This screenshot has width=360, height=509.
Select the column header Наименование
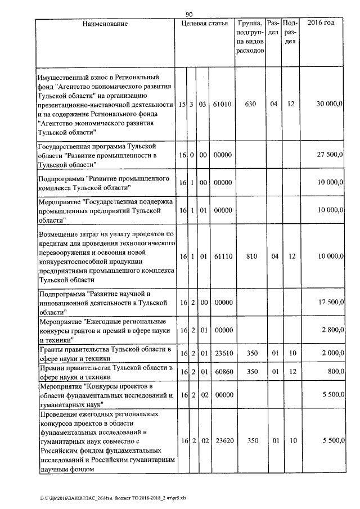[105, 24]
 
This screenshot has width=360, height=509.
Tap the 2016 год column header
[321, 24]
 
